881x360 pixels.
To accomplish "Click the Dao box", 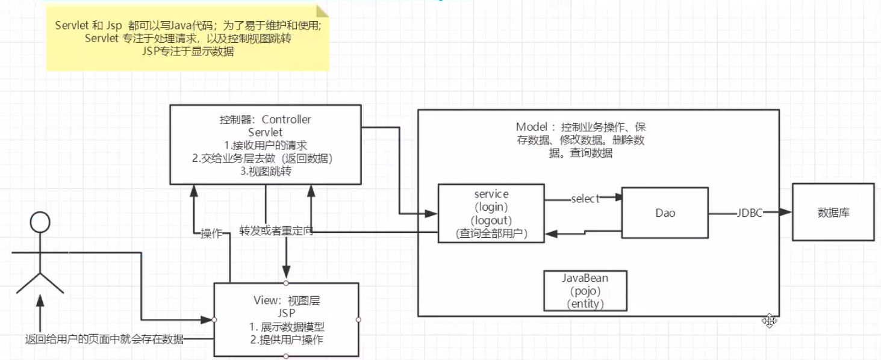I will (x=665, y=213).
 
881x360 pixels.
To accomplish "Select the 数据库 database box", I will (x=833, y=213).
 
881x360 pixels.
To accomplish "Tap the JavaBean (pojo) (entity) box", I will (x=585, y=291).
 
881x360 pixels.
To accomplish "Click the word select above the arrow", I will (x=585, y=199).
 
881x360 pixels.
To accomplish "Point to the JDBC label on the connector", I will (x=750, y=213).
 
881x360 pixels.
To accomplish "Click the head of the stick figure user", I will (x=39, y=222).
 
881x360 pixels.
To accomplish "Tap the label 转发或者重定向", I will (x=276, y=231).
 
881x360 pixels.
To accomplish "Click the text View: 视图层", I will (x=286, y=300).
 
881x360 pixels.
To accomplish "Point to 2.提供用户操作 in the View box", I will (x=287, y=340).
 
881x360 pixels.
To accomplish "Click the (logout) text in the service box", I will (x=491, y=220).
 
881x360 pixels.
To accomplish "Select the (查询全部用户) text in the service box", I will (x=491, y=234).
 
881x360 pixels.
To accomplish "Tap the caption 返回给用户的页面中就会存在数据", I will (x=104, y=339).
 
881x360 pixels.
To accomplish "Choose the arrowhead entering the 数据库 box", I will (x=787, y=213).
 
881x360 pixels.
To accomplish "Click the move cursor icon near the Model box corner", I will (x=769, y=320).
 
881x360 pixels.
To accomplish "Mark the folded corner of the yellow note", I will (x=323, y=10).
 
